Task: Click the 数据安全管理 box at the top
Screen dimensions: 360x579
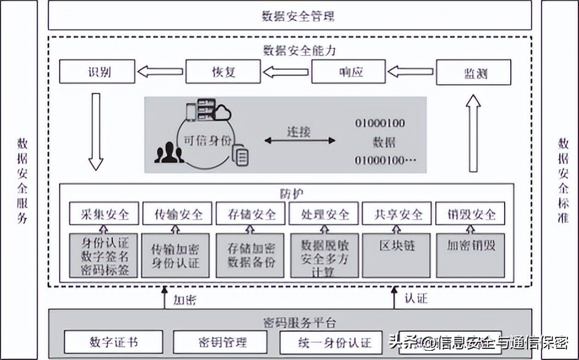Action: pos(289,15)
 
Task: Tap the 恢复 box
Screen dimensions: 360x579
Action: pos(220,72)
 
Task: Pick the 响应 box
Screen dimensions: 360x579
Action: pos(348,72)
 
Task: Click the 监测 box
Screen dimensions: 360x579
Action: pos(473,72)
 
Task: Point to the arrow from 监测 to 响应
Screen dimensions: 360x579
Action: pos(411,72)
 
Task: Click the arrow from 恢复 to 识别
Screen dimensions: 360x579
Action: pos(160,72)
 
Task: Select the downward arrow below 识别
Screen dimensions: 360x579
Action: pos(95,131)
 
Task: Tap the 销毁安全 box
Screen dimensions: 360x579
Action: pos(470,214)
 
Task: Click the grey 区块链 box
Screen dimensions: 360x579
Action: pos(397,254)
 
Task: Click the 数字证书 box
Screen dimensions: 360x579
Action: pos(113,342)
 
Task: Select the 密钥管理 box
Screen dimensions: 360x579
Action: pos(221,342)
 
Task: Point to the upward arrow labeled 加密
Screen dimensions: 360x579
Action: pos(164,299)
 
